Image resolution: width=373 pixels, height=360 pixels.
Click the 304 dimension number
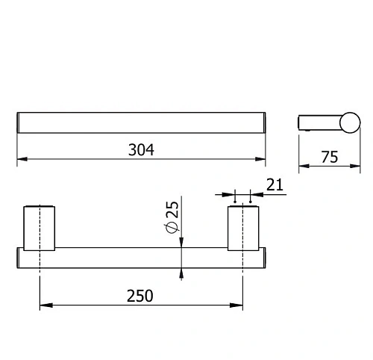(140, 149)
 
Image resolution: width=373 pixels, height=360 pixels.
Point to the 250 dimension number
(140, 295)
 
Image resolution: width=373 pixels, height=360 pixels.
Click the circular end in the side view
(349, 122)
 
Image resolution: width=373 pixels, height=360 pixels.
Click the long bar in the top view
(141, 122)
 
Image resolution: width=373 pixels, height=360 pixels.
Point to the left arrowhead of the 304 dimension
(20, 159)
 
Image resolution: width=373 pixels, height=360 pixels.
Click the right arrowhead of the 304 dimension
(262, 159)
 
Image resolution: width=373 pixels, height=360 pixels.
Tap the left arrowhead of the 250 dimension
(43, 305)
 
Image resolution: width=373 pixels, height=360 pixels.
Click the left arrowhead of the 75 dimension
(302, 166)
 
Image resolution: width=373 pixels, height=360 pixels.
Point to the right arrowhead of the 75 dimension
(356, 166)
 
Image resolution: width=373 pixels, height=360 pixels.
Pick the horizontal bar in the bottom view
(141, 257)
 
